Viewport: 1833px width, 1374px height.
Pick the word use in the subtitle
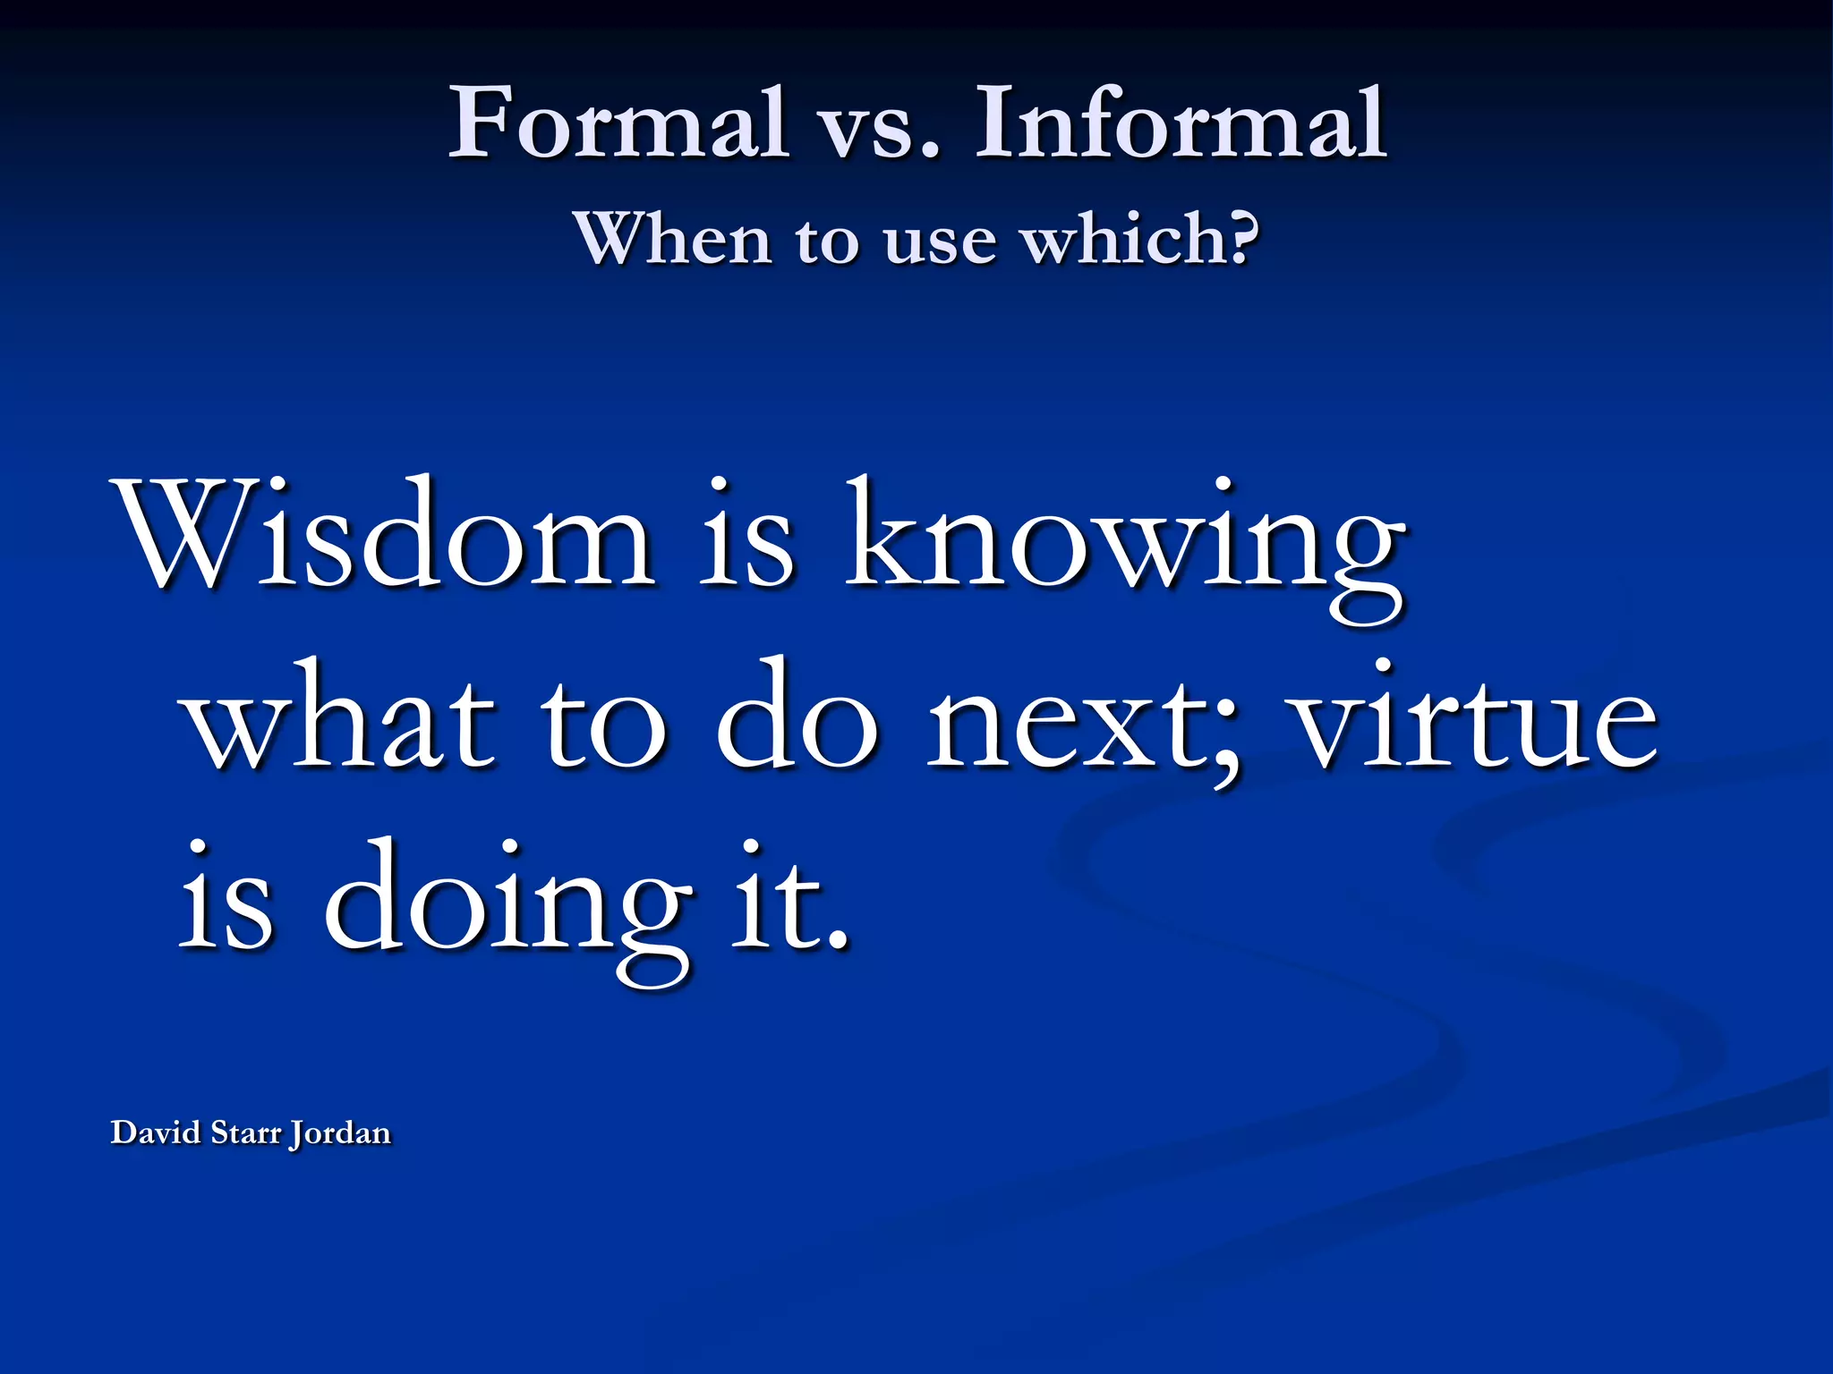coord(940,242)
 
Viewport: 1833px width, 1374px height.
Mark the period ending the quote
coord(837,939)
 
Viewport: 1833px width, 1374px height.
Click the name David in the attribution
coord(156,1132)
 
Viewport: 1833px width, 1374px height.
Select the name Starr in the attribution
coord(244,1132)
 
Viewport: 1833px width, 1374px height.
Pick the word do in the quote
coord(797,716)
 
